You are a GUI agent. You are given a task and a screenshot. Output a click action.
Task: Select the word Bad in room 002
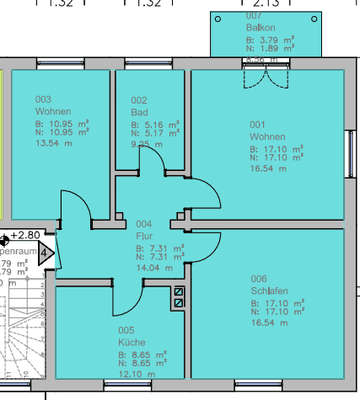point(139,112)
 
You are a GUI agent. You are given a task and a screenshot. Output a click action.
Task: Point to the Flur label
point(142,237)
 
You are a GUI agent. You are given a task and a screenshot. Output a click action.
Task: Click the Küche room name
point(132,343)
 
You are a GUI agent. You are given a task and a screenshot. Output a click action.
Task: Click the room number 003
point(43,99)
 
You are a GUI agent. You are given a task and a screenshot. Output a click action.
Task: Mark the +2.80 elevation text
point(25,235)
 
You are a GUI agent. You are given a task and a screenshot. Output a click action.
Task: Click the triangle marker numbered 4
point(45,252)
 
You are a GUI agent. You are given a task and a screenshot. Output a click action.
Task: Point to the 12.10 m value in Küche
point(135,374)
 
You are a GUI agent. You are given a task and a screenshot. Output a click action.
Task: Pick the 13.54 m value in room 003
point(52,143)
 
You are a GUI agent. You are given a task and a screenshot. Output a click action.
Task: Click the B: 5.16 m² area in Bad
point(155,125)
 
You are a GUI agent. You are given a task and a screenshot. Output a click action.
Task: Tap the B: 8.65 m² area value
point(142,355)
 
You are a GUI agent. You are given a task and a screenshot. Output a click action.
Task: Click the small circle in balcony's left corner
point(218,19)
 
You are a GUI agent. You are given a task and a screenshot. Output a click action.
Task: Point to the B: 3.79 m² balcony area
point(269,40)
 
